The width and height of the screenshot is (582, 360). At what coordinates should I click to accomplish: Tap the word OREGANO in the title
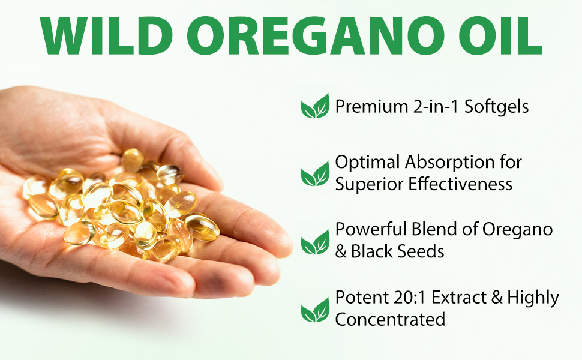pos(316,36)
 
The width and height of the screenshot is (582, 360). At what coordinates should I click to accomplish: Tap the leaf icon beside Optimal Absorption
pos(315,173)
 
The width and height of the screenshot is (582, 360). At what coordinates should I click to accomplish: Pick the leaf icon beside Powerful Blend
pos(315,242)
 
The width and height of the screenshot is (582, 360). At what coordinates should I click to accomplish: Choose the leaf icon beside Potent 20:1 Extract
pos(315,310)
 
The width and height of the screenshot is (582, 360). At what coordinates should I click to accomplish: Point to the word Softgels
pos(497,107)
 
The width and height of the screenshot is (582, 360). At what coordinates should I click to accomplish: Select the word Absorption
pos(449,163)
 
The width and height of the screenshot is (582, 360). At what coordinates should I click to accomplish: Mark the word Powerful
pos(371,229)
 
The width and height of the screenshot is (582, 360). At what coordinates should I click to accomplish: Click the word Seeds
pos(422,251)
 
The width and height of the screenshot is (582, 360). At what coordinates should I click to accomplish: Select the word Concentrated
pos(390,320)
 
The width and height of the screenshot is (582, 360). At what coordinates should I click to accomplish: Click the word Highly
pos(533,298)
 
